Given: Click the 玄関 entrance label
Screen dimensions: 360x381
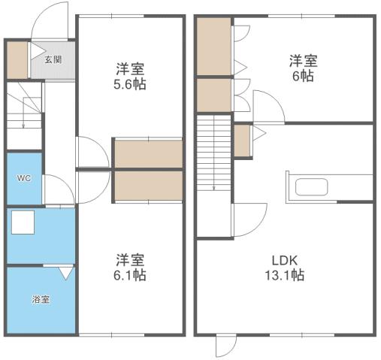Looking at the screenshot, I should point(53,59).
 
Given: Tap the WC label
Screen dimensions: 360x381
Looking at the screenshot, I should point(23,179).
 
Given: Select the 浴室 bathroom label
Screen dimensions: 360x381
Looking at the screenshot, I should point(41,300).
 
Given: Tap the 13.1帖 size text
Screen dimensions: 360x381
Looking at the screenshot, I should point(288,275).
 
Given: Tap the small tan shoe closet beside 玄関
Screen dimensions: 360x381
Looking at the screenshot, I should point(17,59).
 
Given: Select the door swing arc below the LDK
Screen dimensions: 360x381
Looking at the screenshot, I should point(225,346).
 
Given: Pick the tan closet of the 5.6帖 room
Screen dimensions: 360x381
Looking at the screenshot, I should point(149,154).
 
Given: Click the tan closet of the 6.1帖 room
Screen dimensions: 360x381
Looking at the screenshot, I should point(149,186).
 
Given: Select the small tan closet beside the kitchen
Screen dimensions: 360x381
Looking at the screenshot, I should point(242,141).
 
